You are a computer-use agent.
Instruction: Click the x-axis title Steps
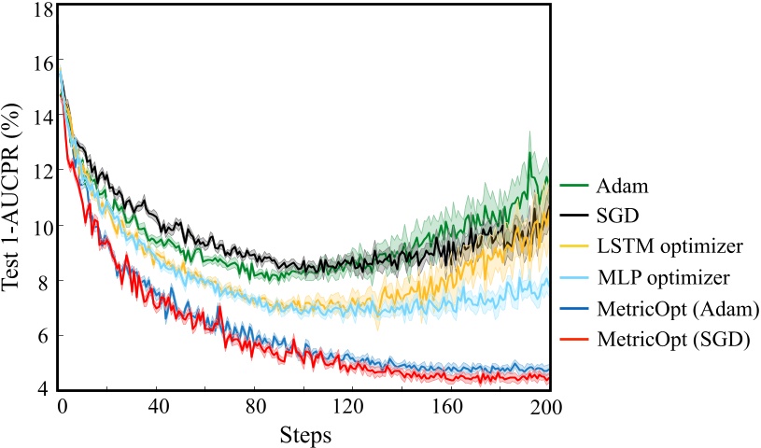(x=303, y=434)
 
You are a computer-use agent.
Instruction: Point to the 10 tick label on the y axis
(x=39, y=226)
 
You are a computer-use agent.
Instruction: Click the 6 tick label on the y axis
(x=44, y=335)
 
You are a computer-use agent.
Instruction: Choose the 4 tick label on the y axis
(x=44, y=389)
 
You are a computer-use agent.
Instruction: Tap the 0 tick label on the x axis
(x=61, y=408)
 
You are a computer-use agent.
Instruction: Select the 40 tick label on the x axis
(x=157, y=408)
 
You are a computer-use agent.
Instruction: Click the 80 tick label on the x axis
(x=255, y=408)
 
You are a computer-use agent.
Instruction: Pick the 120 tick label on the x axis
(x=352, y=408)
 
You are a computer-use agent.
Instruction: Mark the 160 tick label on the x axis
(x=450, y=408)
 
